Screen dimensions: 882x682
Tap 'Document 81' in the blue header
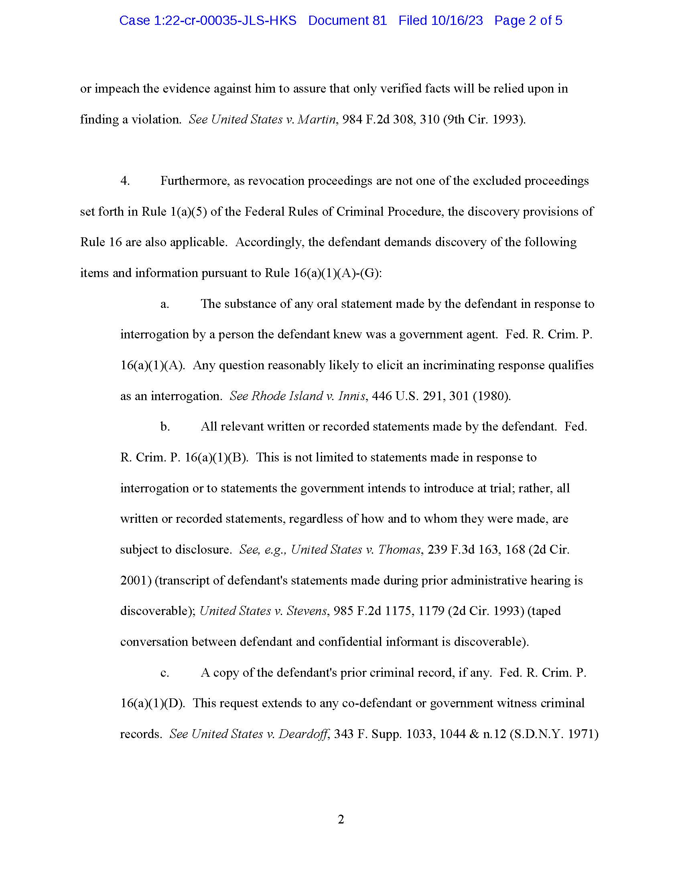click(x=347, y=20)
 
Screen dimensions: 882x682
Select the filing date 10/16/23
click(x=457, y=20)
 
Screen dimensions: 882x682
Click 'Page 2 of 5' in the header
click(x=528, y=20)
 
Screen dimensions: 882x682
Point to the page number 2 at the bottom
click(x=341, y=819)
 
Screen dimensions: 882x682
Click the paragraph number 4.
click(x=125, y=181)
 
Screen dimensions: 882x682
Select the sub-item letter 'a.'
click(x=164, y=304)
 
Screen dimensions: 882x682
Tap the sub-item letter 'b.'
click(x=165, y=427)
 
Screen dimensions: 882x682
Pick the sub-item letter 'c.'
click(x=164, y=673)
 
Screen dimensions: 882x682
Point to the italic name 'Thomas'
click(x=399, y=550)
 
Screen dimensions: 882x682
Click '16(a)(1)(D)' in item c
click(x=152, y=704)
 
